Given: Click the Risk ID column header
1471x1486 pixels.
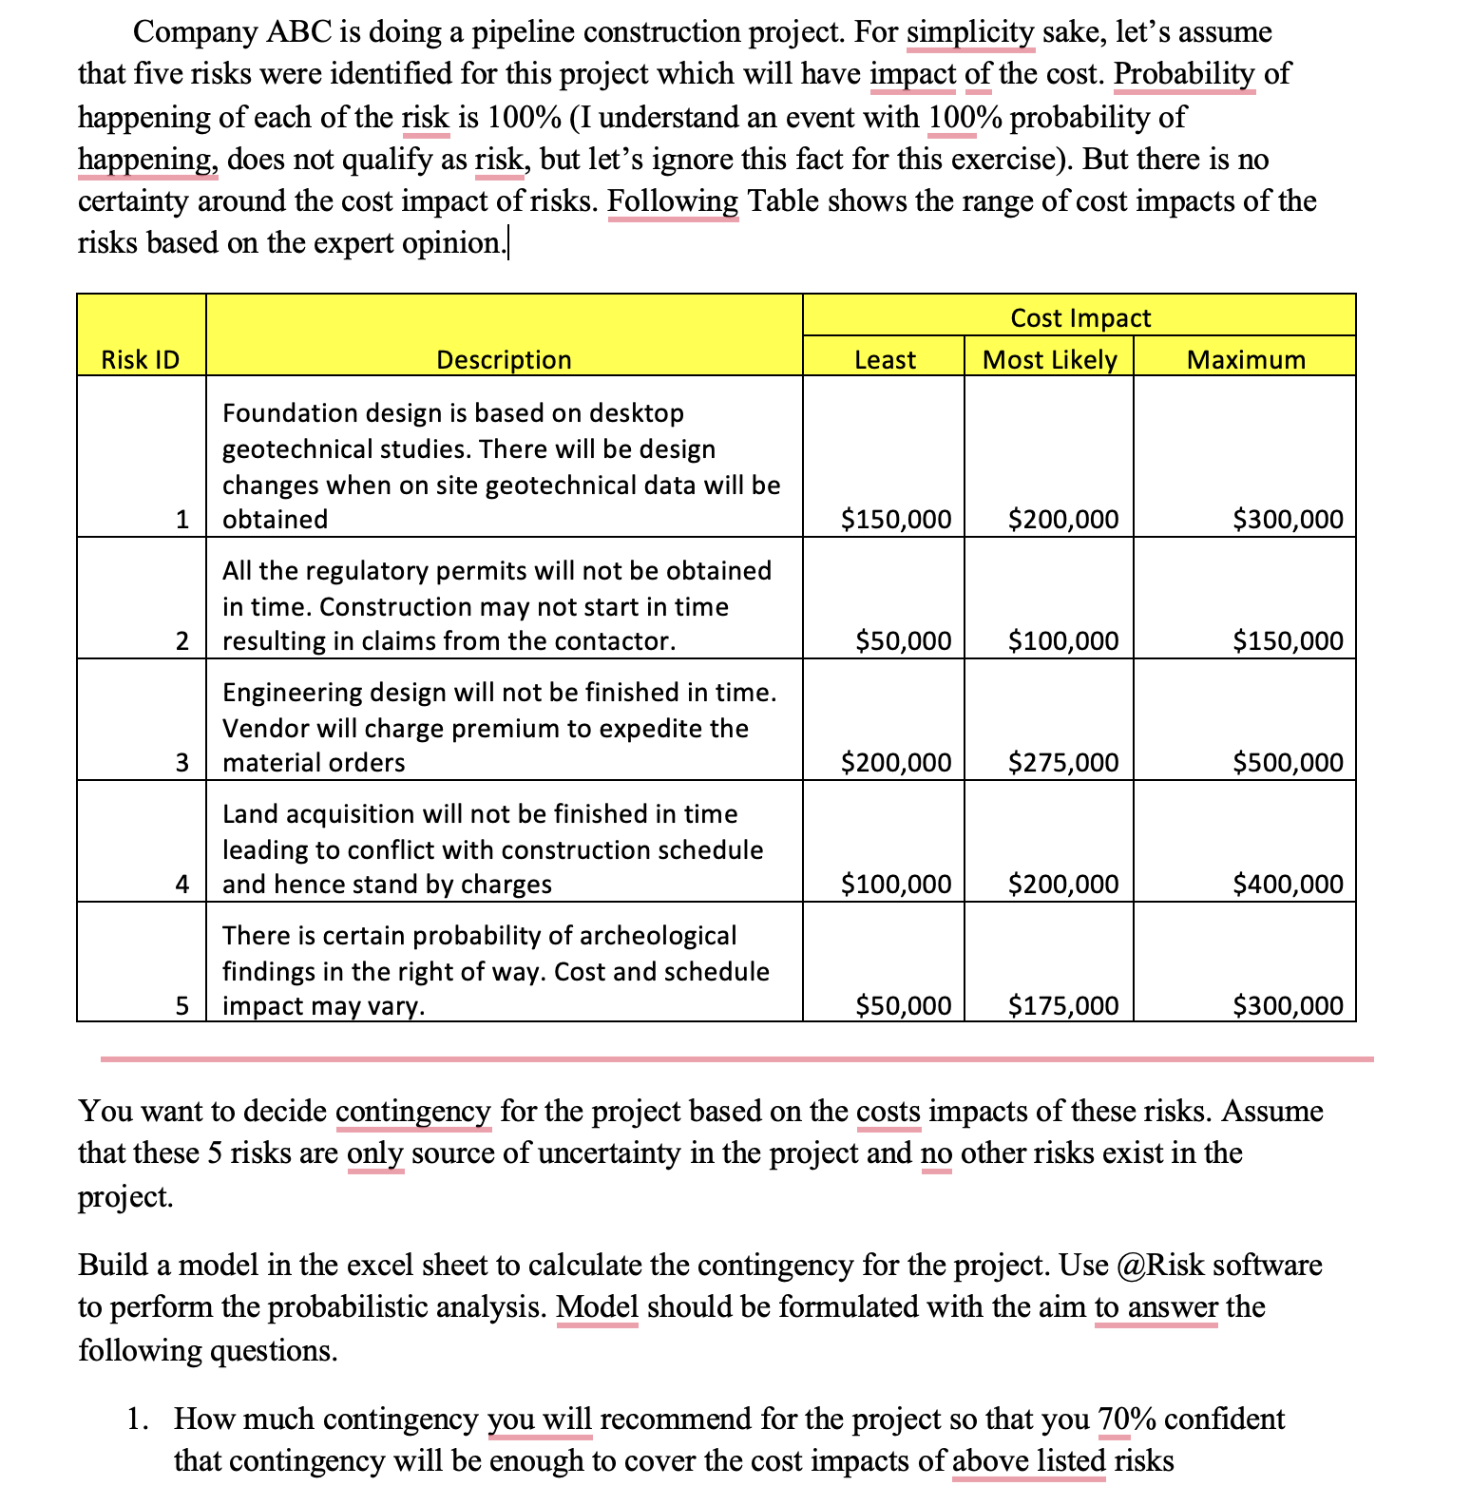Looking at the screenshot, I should (x=141, y=360).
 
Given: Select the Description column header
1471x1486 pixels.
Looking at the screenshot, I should (x=504, y=360).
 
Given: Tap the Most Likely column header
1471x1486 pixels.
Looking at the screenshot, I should (x=1049, y=360).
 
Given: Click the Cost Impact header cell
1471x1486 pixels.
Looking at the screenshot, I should (x=1079, y=317).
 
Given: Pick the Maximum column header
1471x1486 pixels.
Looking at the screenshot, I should (x=1246, y=360).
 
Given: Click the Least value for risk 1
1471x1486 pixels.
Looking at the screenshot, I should (x=896, y=520).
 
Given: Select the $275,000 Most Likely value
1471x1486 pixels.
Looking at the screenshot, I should (x=1063, y=763).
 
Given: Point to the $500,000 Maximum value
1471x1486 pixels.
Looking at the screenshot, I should (x=1288, y=763).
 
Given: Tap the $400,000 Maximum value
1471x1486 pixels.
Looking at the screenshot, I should (x=1288, y=885).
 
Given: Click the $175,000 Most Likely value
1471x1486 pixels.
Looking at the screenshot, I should (x=1063, y=1006).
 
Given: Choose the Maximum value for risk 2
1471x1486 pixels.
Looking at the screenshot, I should (x=1288, y=641).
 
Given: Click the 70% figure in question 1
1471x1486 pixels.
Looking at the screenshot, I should (x=1126, y=1419).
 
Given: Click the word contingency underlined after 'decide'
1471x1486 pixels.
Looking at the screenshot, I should (x=413, y=1111).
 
